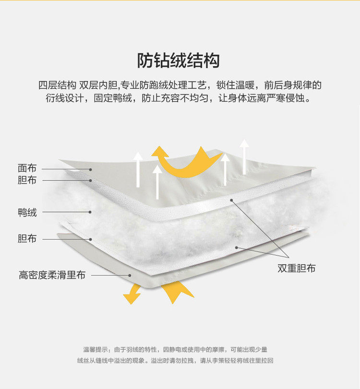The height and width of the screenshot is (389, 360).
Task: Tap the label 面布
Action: point(27,168)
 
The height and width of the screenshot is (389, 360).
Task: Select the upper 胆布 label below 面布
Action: point(27,180)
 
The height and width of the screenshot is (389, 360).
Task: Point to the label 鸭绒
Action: point(27,212)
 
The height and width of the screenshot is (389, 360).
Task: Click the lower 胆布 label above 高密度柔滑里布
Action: point(27,238)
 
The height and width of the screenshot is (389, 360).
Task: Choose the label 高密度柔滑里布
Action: point(52,275)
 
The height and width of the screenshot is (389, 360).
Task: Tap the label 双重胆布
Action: point(296,268)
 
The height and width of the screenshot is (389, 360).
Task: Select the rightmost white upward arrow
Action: point(244,156)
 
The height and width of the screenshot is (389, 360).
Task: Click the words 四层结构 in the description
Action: point(57,85)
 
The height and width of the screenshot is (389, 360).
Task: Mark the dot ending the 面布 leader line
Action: point(90,169)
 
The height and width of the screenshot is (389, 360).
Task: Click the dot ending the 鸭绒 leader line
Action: point(90,212)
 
